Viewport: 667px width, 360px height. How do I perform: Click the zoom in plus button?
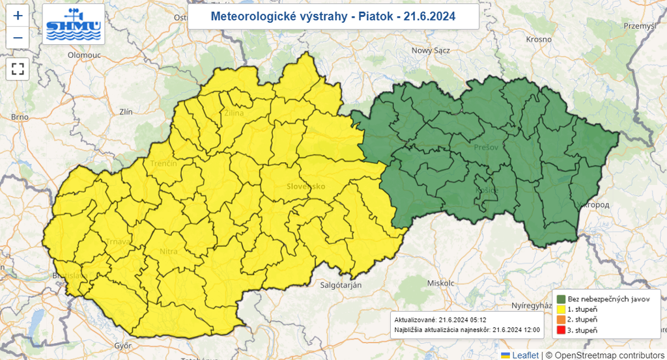click(x=18, y=16)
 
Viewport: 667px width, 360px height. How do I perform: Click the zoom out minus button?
click(x=18, y=38)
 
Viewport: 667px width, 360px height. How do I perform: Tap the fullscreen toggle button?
click(x=18, y=69)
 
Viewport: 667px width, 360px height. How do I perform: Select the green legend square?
click(x=560, y=298)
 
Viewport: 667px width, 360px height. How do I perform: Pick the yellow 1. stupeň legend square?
click(x=560, y=309)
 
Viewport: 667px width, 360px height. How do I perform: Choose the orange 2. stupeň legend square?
click(x=560, y=320)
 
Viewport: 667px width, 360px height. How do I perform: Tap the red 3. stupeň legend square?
click(x=560, y=330)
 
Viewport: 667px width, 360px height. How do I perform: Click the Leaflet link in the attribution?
click(x=524, y=355)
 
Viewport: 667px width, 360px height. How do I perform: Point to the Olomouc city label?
click(x=84, y=55)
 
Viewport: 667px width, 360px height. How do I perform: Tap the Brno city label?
click(x=20, y=117)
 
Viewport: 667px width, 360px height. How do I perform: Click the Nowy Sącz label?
click(x=431, y=50)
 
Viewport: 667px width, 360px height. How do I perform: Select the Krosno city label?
click(x=539, y=40)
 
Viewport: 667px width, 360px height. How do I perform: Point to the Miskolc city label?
click(x=439, y=283)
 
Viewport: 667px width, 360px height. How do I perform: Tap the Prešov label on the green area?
click(x=486, y=148)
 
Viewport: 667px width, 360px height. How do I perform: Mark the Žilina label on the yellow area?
click(x=234, y=113)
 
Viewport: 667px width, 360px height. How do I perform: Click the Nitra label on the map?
click(x=168, y=251)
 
